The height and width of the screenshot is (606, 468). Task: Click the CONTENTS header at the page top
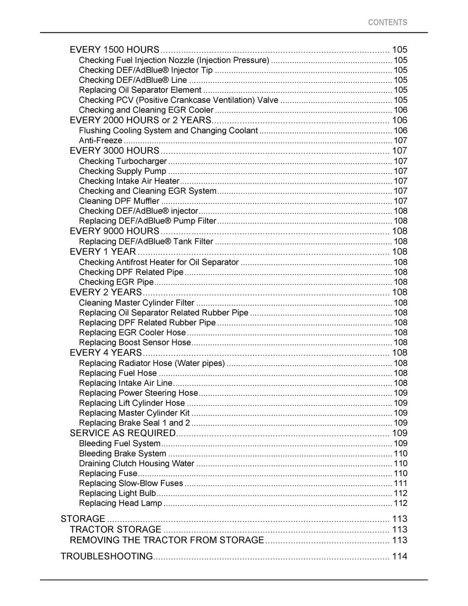(387, 22)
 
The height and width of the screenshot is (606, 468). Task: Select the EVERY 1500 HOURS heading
(114, 49)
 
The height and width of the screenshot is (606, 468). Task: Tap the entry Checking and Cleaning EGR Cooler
(146, 110)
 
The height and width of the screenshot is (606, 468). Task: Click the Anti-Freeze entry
(101, 140)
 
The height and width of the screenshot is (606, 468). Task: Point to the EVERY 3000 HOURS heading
(114, 150)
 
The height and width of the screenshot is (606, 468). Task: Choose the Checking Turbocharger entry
(122, 161)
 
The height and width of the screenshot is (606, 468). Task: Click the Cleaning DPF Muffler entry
(119, 201)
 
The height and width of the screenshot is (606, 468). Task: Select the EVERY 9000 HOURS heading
(114, 231)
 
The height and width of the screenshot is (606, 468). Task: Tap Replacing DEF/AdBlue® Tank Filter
(146, 241)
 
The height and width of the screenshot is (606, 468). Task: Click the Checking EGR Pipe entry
(116, 282)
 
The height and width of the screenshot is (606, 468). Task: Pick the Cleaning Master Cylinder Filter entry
(137, 303)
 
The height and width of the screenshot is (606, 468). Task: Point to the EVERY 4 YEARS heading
(106, 353)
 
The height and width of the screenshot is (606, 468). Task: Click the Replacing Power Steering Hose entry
(138, 393)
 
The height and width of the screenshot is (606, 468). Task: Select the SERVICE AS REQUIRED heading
(122, 433)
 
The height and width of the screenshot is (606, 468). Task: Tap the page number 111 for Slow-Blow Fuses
(400, 484)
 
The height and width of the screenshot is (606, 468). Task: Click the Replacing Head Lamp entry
(120, 503)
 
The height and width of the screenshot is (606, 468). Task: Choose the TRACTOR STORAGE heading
(115, 529)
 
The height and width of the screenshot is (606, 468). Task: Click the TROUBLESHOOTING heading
(106, 556)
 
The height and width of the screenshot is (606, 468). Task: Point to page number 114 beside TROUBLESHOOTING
(399, 556)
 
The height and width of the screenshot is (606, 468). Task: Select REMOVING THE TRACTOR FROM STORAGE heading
(167, 540)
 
